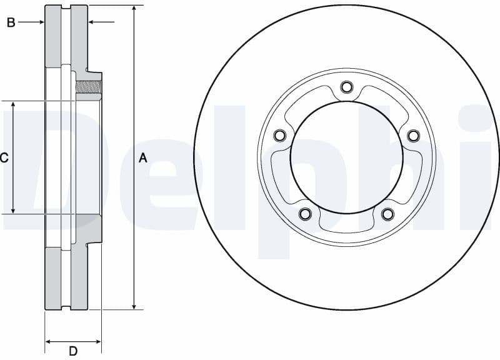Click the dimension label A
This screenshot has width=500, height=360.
[x=142, y=158]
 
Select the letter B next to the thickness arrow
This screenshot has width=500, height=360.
[x=11, y=22]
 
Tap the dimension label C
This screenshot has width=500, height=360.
[x=4, y=158]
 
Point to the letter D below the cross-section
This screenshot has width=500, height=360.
[x=73, y=351]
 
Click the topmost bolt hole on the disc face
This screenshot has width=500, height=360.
[x=346, y=87]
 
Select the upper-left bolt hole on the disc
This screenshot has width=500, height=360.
[x=279, y=136]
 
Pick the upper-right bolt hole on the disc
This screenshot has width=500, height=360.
[x=412, y=136]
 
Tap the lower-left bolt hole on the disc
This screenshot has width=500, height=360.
[x=305, y=214]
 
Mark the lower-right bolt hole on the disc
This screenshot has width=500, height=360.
[x=387, y=214]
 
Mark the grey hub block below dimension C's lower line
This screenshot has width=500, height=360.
[x=88, y=228]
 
